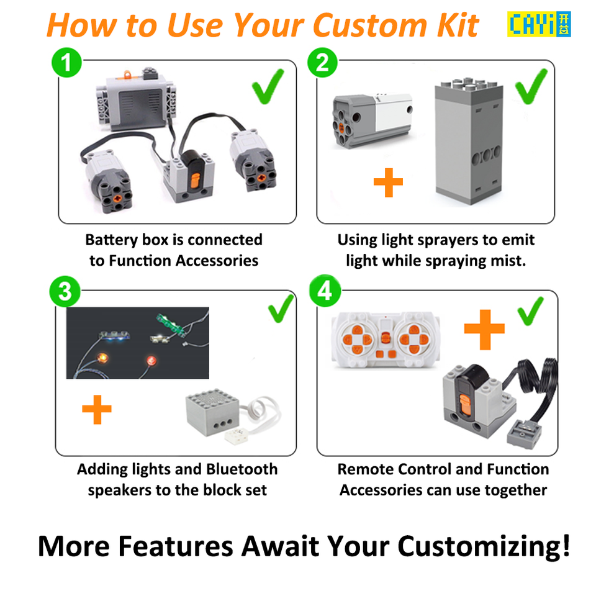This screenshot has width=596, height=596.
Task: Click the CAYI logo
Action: click(539, 24)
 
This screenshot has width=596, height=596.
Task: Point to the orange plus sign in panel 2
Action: click(389, 183)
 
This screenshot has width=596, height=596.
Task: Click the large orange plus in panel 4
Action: click(484, 330)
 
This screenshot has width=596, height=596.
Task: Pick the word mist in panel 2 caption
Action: click(507, 261)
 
